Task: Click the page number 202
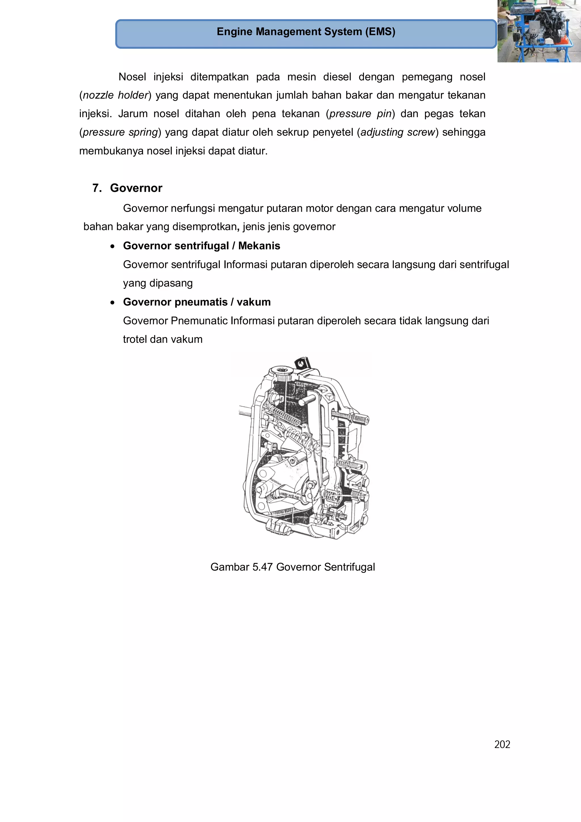pyautogui.click(x=502, y=745)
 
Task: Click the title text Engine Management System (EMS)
pyautogui.click(x=306, y=32)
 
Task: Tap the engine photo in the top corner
pyautogui.click(x=539, y=31)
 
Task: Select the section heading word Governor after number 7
pyautogui.click(x=136, y=188)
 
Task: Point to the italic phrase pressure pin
pyautogui.click(x=360, y=114)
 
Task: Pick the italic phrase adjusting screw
pyautogui.click(x=397, y=133)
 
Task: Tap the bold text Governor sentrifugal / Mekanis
pyautogui.click(x=201, y=246)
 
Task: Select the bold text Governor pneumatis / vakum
pyautogui.click(x=197, y=302)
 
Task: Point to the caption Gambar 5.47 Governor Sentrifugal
pyautogui.click(x=292, y=567)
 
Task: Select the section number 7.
pyautogui.click(x=97, y=188)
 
